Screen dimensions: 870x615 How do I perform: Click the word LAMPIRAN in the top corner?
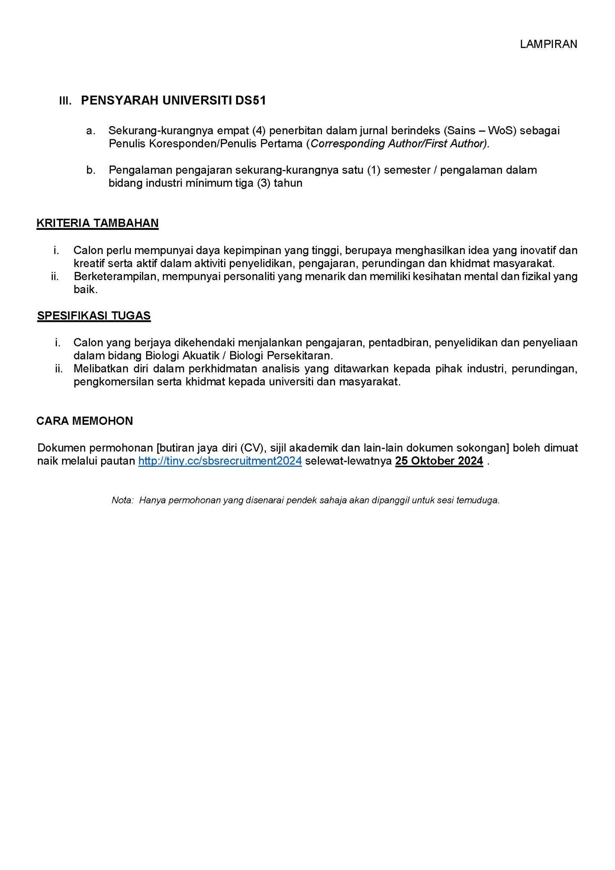coord(548,44)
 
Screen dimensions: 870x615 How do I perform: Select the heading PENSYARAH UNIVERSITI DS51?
coord(173,100)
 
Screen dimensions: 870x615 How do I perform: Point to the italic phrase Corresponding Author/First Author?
coord(398,144)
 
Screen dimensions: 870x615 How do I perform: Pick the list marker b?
coord(90,170)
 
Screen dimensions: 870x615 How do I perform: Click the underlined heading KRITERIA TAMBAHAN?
coord(98,223)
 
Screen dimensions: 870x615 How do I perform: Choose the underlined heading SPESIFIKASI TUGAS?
coord(94,316)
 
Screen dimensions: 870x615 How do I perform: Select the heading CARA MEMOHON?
coord(85,421)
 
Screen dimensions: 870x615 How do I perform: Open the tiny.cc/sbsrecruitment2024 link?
coord(220,461)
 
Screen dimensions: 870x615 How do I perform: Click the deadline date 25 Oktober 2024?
coord(439,461)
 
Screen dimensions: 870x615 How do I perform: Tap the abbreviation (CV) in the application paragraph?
coord(254,448)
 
